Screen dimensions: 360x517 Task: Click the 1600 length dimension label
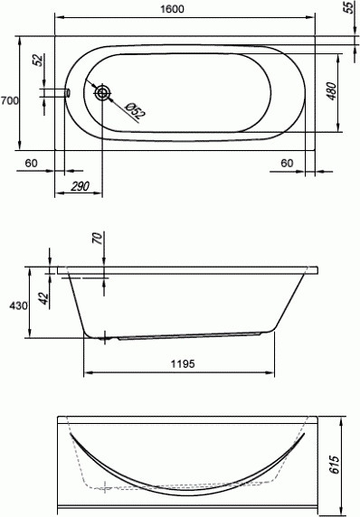click(x=172, y=9)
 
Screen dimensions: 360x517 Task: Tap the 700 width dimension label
click(x=9, y=100)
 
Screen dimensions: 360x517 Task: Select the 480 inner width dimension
click(x=331, y=91)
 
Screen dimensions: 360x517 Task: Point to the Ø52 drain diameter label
click(x=136, y=111)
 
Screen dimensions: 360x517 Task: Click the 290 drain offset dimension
click(x=80, y=186)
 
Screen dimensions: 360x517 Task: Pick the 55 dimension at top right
click(x=348, y=7)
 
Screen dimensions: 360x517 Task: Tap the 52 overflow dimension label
click(x=39, y=60)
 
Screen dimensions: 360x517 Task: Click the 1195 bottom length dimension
click(x=183, y=363)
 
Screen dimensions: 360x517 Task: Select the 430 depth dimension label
click(x=18, y=306)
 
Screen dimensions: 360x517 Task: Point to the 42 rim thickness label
click(x=44, y=298)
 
